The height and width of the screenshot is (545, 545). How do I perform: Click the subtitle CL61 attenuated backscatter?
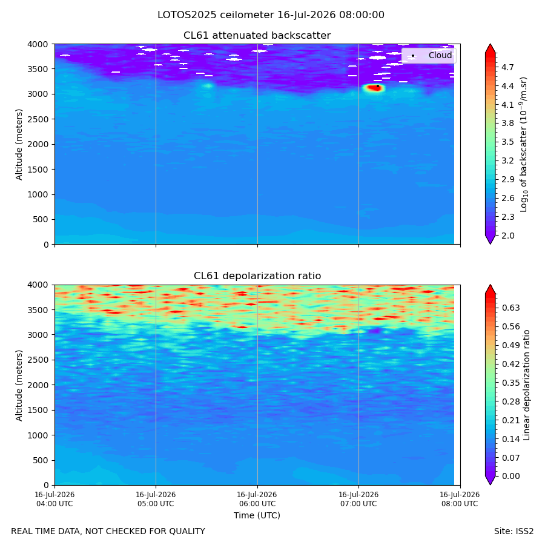pyautogui.click(x=257, y=36)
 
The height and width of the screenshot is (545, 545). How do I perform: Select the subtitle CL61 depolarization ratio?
pyautogui.click(x=257, y=276)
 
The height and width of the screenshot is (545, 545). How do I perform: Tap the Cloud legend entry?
pyautogui.click(x=429, y=55)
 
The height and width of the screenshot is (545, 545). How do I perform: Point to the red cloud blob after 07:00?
pyautogui.click(x=374, y=88)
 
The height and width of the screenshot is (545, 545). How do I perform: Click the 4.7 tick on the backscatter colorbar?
pyautogui.click(x=507, y=67)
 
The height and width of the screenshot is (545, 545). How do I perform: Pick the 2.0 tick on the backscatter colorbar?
pyautogui.click(x=507, y=236)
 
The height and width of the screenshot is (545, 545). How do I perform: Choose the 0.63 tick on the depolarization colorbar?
pyautogui.click(x=510, y=308)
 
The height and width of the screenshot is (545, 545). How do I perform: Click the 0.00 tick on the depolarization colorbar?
pyautogui.click(x=510, y=476)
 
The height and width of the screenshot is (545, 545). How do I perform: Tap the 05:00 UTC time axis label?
pyautogui.click(x=156, y=499)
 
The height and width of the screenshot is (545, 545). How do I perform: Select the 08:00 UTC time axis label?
pyautogui.click(x=460, y=499)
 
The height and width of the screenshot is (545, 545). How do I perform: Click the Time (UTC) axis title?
pyautogui.click(x=257, y=515)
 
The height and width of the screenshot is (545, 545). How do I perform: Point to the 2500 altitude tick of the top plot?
pyautogui.click(x=38, y=119)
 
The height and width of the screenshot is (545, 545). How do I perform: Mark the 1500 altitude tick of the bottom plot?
pyautogui.click(x=38, y=410)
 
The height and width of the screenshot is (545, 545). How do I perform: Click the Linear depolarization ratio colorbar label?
pyautogui.click(x=526, y=385)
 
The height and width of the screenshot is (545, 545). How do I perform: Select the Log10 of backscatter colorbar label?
pyautogui.click(x=524, y=145)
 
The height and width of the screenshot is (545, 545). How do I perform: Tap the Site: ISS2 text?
pyautogui.click(x=514, y=531)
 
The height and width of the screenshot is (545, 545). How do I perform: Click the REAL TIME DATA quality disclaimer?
pyautogui.click(x=108, y=531)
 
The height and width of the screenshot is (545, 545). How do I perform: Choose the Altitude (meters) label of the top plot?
pyautogui.click(x=19, y=145)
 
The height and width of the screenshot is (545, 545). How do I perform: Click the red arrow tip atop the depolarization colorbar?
pyautogui.click(x=490, y=285)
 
